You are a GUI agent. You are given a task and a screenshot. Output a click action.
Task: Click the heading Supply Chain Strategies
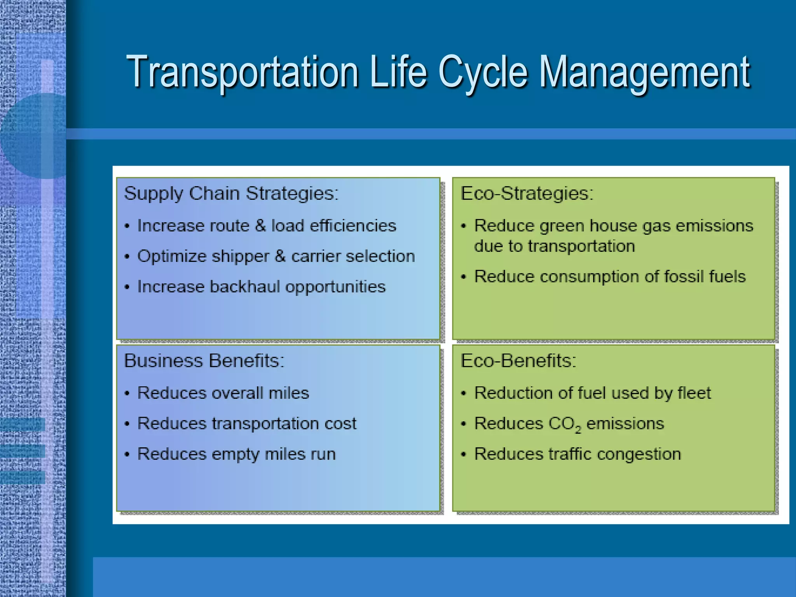[231, 194]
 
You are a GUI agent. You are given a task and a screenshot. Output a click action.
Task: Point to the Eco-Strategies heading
[527, 193]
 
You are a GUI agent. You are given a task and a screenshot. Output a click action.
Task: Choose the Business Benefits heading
[204, 361]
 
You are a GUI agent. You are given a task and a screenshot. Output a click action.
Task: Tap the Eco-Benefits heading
[518, 361]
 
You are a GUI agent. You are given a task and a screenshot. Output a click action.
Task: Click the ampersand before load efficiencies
[260, 226]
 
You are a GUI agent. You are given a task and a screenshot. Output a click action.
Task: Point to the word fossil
[684, 277]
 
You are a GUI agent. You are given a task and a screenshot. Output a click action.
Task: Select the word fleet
[694, 393]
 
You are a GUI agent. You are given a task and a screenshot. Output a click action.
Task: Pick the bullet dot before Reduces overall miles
[127, 393]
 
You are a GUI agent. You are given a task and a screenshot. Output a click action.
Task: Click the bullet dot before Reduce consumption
[463, 277]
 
